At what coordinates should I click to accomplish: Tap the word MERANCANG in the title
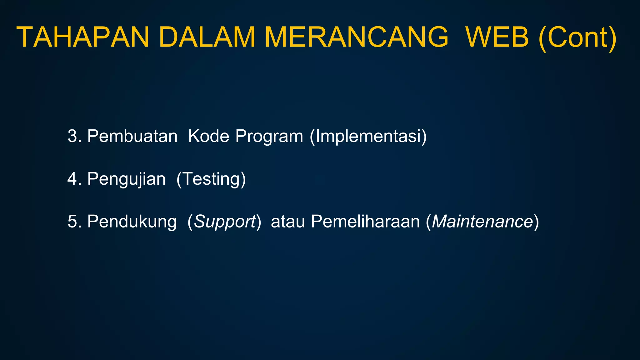[x=356, y=37]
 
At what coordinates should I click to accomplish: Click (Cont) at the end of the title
[x=577, y=38]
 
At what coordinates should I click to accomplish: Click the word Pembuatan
[x=132, y=136]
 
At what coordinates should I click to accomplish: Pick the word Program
[x=269, y=137]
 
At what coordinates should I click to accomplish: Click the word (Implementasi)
[x=368, y=137]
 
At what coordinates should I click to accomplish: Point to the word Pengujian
[x=126, y=179]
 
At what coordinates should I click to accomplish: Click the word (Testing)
[x=211, y=179]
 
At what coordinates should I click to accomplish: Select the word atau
[x=287, y=222]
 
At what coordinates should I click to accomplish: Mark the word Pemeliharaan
[x=365, y=222]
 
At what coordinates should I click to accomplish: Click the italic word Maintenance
[x=482, y=222]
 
